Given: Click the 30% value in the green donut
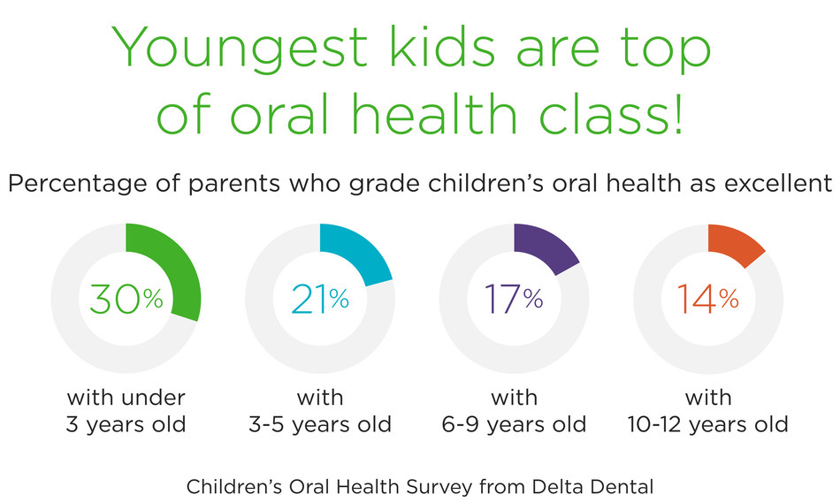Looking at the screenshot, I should (x=126, y=300).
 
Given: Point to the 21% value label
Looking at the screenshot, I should (x=320, y=300).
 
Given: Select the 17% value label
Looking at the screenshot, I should (x=514, y=300).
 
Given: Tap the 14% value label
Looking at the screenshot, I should (x=708, y=300).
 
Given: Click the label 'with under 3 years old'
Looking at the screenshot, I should (x=126, y=410).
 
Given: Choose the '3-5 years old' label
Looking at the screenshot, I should (x=320, y=424).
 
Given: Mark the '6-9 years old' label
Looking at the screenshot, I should (x=514, y=424).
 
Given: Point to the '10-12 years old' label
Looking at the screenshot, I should (x=708, y=424).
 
